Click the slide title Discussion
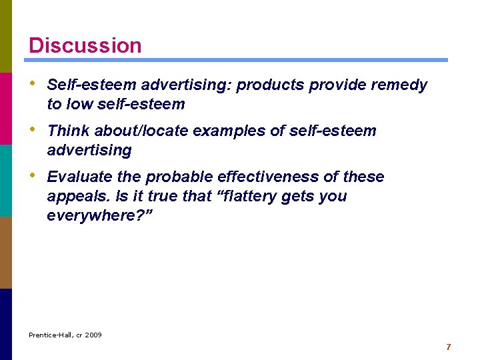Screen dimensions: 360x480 coord(85,45)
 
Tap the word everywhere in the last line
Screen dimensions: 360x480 coord(91,216)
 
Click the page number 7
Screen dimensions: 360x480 coord(448,347)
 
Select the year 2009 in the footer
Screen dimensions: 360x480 coord(93,335)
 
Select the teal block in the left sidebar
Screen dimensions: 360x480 coord(6,180)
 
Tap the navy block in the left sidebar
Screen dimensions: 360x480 coord(6,324)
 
